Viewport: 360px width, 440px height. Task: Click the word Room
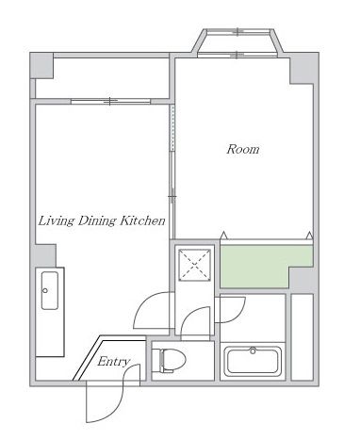pos(243,149)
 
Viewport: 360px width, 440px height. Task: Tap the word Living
pos(57,221)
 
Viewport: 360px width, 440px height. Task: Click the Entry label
pos(113,362)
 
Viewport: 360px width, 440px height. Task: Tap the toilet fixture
pos(172,360)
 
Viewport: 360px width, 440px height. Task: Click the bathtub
pos(253,361)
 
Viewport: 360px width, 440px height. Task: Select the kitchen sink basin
pos(50,290)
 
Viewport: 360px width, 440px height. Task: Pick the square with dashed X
pos(195,265)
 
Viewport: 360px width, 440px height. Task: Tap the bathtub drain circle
pos(253,350)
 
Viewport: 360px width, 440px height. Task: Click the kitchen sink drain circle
pos(45,290)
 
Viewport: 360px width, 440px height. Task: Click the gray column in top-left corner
pos(41,66)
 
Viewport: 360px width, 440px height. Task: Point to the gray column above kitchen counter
pos(45,255)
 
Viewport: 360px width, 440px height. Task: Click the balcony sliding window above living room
pos(110,101)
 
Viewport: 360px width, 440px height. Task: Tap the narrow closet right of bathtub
pos(302,337)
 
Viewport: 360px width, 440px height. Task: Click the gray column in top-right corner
pos(304,69)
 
